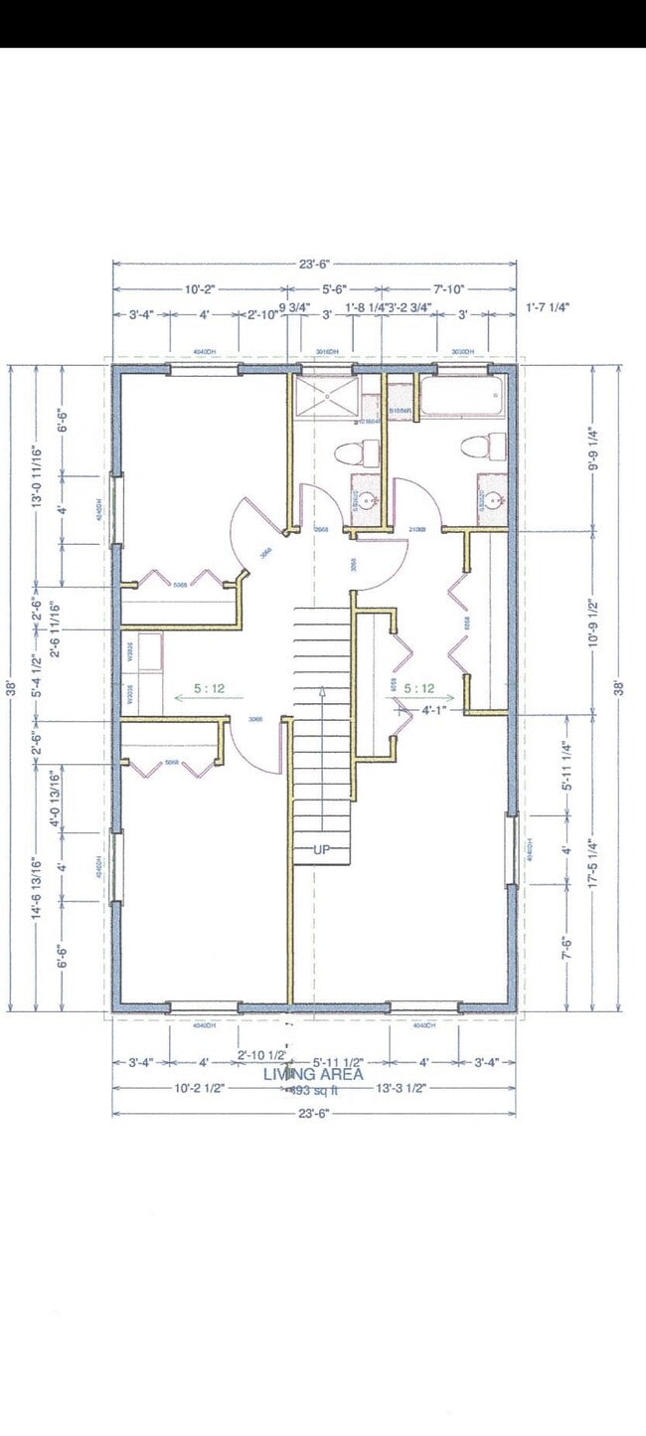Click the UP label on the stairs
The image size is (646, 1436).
[x=321, y=850]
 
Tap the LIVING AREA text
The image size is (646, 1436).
[x=313, y=1074]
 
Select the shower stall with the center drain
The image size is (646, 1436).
[x=327, y=397]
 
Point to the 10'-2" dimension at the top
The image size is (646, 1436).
[x=200, y=288]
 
